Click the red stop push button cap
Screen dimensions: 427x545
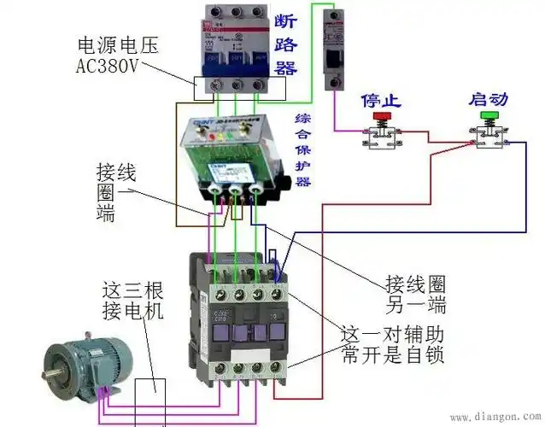pyautogui.click(x=382, y=114)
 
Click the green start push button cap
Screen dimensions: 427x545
pyautogui.click(x=489, y=114)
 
